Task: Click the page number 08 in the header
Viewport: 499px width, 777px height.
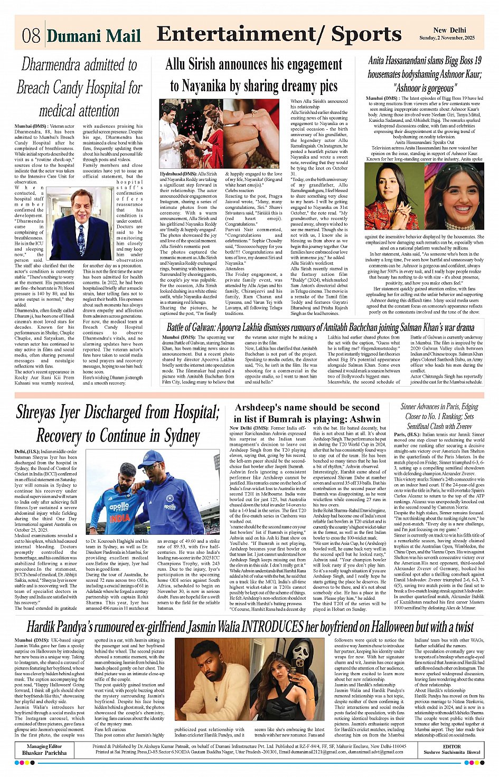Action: [x=31, y=36]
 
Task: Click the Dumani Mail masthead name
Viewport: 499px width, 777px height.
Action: [x=94, y=36]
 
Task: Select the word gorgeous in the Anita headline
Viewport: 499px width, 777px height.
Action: [x=435, y=88]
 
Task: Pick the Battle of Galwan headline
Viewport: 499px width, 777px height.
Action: [x=321, y=327]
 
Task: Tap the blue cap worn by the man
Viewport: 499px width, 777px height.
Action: [x=150, y=458]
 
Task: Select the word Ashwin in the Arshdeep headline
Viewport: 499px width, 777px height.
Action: [x=360, y=419]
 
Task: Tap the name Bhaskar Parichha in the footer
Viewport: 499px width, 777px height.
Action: [x=44, y=753]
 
